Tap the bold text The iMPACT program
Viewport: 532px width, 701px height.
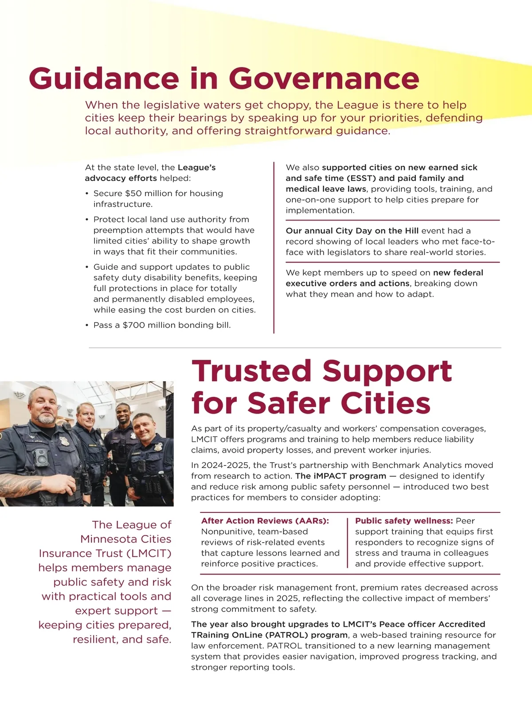pos(340,476)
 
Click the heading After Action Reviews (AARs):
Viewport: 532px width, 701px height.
pos(265,521)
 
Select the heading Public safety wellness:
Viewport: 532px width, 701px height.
pos(404,521)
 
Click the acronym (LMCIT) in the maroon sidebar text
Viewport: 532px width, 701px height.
pos(150,553)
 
